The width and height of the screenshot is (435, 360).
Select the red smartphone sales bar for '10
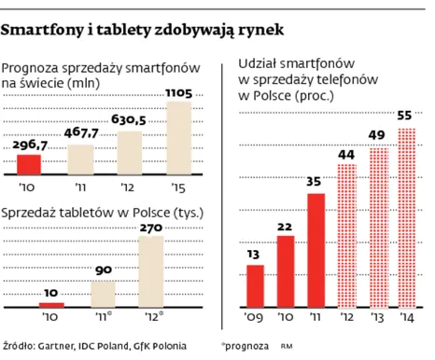click(30, 164)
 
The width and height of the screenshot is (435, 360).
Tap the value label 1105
click(177, 93)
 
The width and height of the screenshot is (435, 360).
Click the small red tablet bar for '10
click(52, 304)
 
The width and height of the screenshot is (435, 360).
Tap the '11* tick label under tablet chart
click(104, 316)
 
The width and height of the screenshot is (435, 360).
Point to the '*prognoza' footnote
click(248, 344)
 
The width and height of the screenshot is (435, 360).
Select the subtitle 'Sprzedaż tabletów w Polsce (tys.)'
click(104, 213)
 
